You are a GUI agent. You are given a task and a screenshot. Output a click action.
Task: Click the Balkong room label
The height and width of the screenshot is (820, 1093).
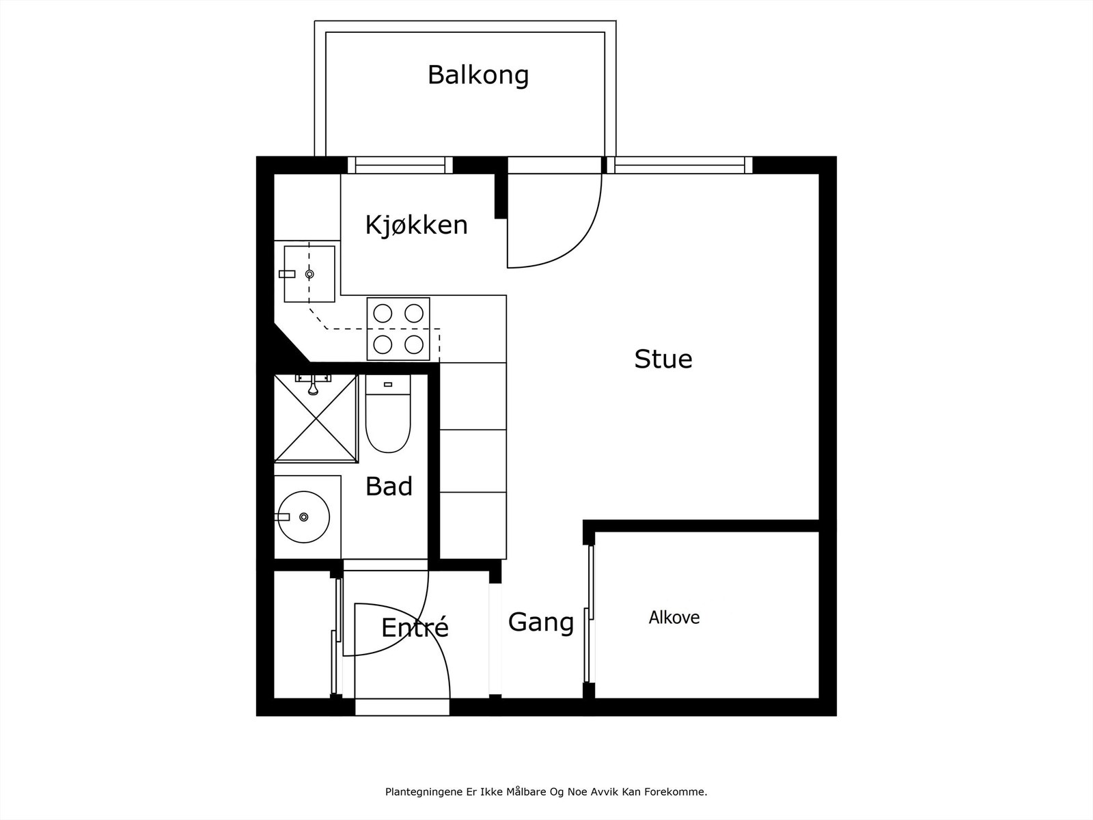point(478,74)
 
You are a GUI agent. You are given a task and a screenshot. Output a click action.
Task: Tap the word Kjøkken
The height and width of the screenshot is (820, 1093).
point(416,225)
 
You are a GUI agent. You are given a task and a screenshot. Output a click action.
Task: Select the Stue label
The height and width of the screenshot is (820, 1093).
point(663,359)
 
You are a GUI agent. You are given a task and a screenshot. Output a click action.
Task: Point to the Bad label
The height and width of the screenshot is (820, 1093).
point(389,487)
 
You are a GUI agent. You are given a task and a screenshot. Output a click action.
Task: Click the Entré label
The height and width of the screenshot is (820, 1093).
point(414,627)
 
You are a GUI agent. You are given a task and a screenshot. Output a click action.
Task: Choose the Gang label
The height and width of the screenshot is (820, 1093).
point(541,623)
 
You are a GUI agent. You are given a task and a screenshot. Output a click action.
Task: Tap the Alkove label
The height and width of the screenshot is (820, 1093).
point(674,618)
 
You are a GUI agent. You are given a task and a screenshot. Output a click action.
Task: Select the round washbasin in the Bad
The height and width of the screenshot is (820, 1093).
point(303,517)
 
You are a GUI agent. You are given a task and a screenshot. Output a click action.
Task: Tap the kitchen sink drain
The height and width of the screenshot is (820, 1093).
point(309,274)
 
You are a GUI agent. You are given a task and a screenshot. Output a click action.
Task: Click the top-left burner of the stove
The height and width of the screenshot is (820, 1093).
point(383,313)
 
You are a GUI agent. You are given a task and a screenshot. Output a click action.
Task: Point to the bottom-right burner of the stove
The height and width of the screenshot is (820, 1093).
point(414,343)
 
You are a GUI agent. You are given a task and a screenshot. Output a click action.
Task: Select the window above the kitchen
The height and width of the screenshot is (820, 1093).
point(400,165)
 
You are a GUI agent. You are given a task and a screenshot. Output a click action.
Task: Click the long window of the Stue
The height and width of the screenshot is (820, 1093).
point(679,165)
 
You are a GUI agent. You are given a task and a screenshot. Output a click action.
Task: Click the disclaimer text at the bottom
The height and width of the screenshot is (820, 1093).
point(546,793)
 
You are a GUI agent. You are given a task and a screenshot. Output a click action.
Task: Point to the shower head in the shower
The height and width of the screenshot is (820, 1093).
point(313,388)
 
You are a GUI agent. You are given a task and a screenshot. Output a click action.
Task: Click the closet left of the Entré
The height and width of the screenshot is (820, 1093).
point(303,634)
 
